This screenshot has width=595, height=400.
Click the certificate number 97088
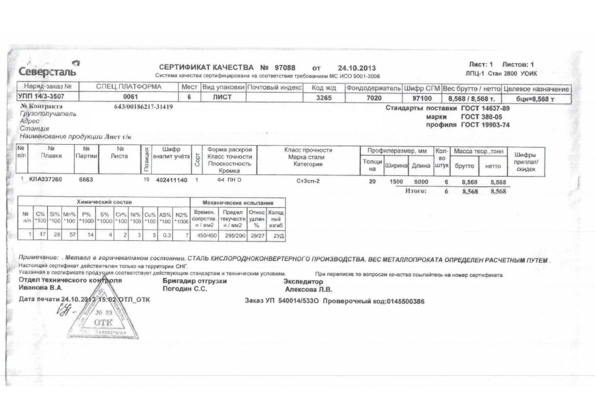coord(285,68)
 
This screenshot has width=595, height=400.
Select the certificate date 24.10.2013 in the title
coord(357,68)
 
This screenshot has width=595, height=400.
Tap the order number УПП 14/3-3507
coord(41,96)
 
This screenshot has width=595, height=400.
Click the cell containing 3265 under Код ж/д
coord(324,98)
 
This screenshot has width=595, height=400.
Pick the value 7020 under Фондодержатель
coord(373,98)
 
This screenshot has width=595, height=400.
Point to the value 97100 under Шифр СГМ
coord(422,98)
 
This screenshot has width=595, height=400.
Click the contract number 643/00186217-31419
coord(143,107)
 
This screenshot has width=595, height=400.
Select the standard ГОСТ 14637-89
coord(485,108)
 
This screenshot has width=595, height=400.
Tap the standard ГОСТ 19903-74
coord(485,125)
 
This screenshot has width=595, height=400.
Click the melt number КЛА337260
coord(46,179)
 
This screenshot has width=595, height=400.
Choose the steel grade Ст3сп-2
coord(308,181)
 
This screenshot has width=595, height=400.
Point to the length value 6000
coord(421,182)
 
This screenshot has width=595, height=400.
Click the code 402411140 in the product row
coord(171,180)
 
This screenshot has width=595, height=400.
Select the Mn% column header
coord(69,217)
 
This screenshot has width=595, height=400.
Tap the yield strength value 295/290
coord(232,236)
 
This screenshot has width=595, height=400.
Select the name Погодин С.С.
coord(185,289)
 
